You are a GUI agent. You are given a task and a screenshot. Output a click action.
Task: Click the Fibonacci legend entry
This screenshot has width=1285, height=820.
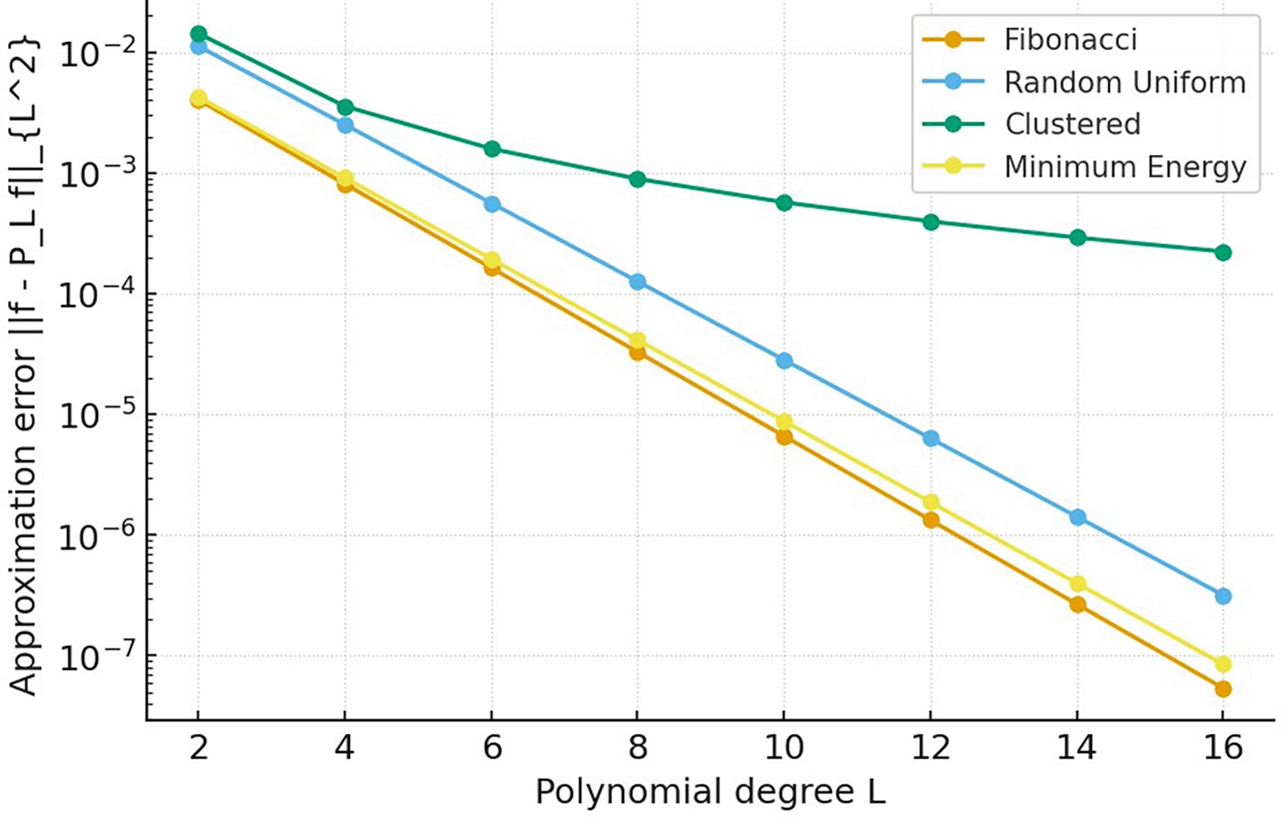[1070, 40]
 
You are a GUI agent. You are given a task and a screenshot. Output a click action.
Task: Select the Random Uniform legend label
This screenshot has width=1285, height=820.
[1124, 83]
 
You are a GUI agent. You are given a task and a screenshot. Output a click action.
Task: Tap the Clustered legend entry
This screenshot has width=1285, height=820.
[1072, 124]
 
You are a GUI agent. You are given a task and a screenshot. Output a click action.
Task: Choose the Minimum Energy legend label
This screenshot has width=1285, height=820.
[1124, 167]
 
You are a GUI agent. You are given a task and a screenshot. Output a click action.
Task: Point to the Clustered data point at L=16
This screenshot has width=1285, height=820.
[1222, 252]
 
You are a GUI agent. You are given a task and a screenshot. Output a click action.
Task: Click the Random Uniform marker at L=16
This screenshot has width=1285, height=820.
[1222, 596]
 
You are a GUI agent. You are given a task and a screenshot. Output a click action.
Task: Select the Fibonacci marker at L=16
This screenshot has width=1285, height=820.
[1222, 689]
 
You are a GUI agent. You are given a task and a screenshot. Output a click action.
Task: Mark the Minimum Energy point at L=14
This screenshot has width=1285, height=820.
[1077, 584]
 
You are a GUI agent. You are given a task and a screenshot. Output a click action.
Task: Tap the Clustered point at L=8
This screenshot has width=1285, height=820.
[638, 180]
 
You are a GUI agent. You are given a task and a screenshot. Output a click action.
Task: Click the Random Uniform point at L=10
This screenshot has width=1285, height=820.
[784, 361]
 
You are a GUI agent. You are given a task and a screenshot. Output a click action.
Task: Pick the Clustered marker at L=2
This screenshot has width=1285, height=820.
[199, 34]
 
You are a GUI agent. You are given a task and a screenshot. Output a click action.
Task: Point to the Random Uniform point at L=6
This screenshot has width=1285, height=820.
[492, 205]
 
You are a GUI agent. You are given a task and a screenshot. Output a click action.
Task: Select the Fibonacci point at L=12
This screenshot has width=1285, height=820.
[930, 520]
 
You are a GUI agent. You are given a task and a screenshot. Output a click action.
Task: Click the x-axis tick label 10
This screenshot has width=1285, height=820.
[784, 747]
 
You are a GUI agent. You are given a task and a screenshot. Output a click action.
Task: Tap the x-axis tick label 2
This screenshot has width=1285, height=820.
[199, 747]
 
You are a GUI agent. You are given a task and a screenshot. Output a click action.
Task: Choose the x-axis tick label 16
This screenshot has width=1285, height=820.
[1222, 747]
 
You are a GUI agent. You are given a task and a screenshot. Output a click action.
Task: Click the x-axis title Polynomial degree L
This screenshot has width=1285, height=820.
[709, 792]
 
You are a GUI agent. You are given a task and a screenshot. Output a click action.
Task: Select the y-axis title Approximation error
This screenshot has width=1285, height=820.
[25, 363]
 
